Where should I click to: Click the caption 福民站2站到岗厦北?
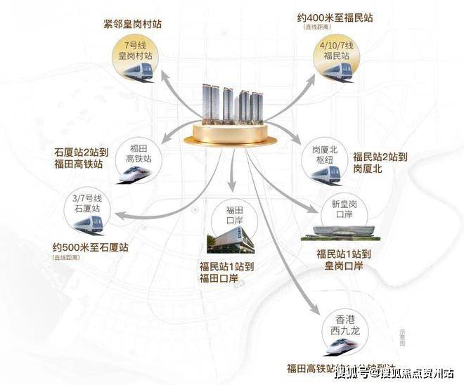[x=385, y=162]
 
